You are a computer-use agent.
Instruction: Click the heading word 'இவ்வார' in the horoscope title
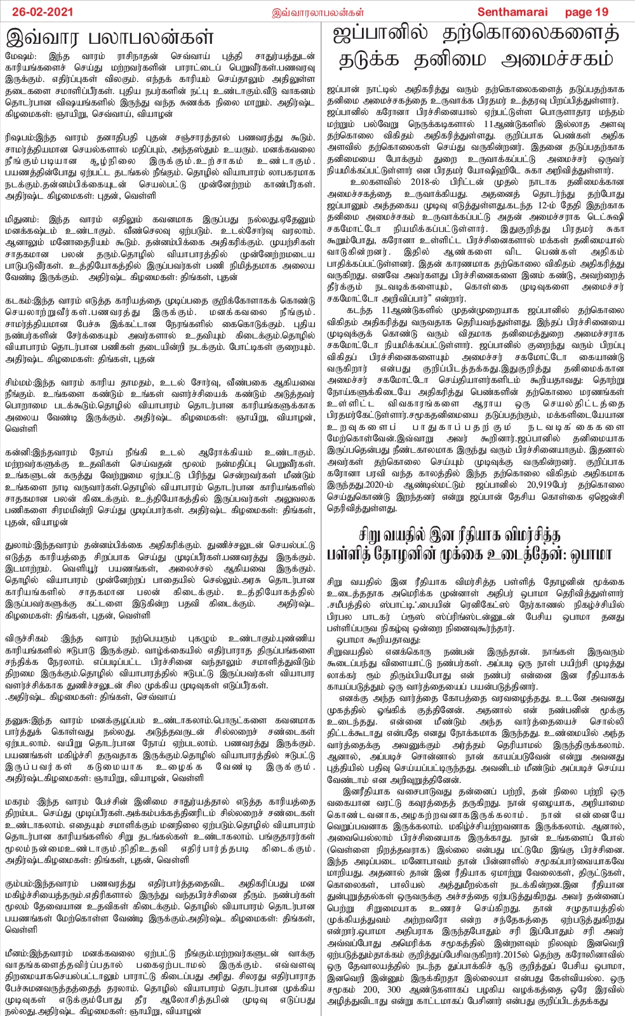pos(48,37)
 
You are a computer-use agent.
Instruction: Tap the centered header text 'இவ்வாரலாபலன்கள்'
pos(317,12)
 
